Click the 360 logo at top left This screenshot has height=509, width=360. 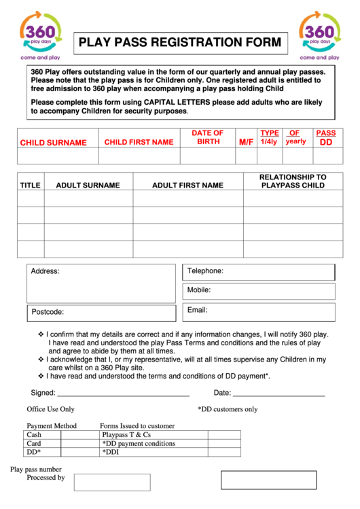(41, 35)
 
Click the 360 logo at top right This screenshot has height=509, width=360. (319, 35)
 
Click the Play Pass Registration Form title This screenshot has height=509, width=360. (179, 43)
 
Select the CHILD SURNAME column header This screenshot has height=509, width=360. (53, 143)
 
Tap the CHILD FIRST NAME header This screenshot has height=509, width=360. (139, 142)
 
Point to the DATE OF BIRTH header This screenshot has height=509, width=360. (208, 137)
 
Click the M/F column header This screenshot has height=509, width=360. (245, 142)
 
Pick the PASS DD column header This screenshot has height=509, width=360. (326, 138)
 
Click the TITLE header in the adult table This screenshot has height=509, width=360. (30, 185)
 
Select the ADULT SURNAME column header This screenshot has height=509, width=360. (88, 185)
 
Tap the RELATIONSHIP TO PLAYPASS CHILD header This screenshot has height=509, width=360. (293, 181)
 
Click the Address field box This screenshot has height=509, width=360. (101, 283)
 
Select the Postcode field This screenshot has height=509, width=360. (101, 312)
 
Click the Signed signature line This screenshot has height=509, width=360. (123, 393)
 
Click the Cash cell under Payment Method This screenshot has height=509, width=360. (60, 434)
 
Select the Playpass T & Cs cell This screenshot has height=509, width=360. (169, 434)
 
